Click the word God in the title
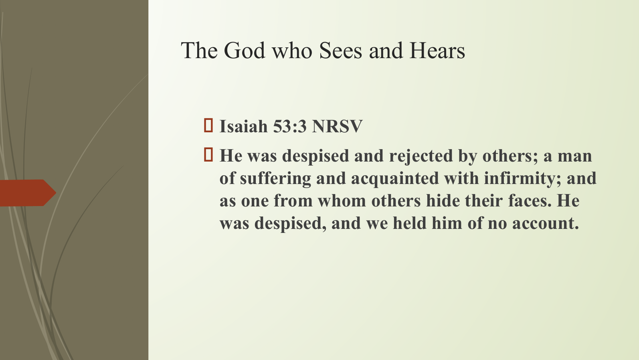[x=245, y=51]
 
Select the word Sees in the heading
[x=341, y=51]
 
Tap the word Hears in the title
[x=437, y=51]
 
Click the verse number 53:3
[x=290, y=126]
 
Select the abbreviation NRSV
[x=338, y=126]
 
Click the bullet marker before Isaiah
[x=208, y=125]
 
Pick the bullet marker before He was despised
[x=208, y=155]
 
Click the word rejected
[x=421, y=156]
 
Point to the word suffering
[x=275, y=179]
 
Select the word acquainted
[x=395, y=179]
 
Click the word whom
[x=342, y=200]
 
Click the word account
[x=546, y=223]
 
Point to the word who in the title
[x=292, y=51]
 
